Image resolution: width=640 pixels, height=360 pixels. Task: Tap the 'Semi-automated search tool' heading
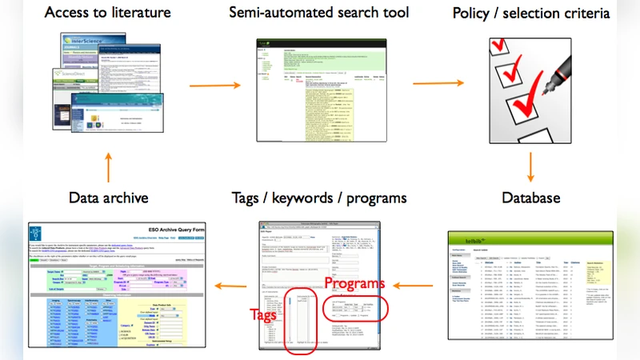(318, 13)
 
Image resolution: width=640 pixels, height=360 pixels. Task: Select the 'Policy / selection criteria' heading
(531, 14)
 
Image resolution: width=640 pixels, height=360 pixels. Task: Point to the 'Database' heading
(532, 198)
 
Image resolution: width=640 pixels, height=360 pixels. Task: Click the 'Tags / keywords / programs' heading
(318, 198)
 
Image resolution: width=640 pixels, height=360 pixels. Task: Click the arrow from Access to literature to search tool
(214, 86)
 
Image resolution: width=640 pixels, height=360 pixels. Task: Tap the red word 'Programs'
(350, 285)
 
